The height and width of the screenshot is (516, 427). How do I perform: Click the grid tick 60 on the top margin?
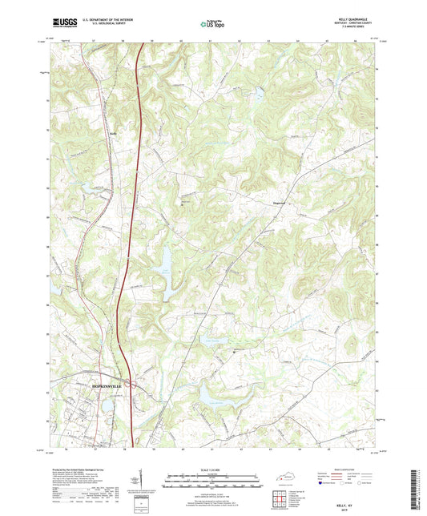pyautogui.click(x=182, y=39)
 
